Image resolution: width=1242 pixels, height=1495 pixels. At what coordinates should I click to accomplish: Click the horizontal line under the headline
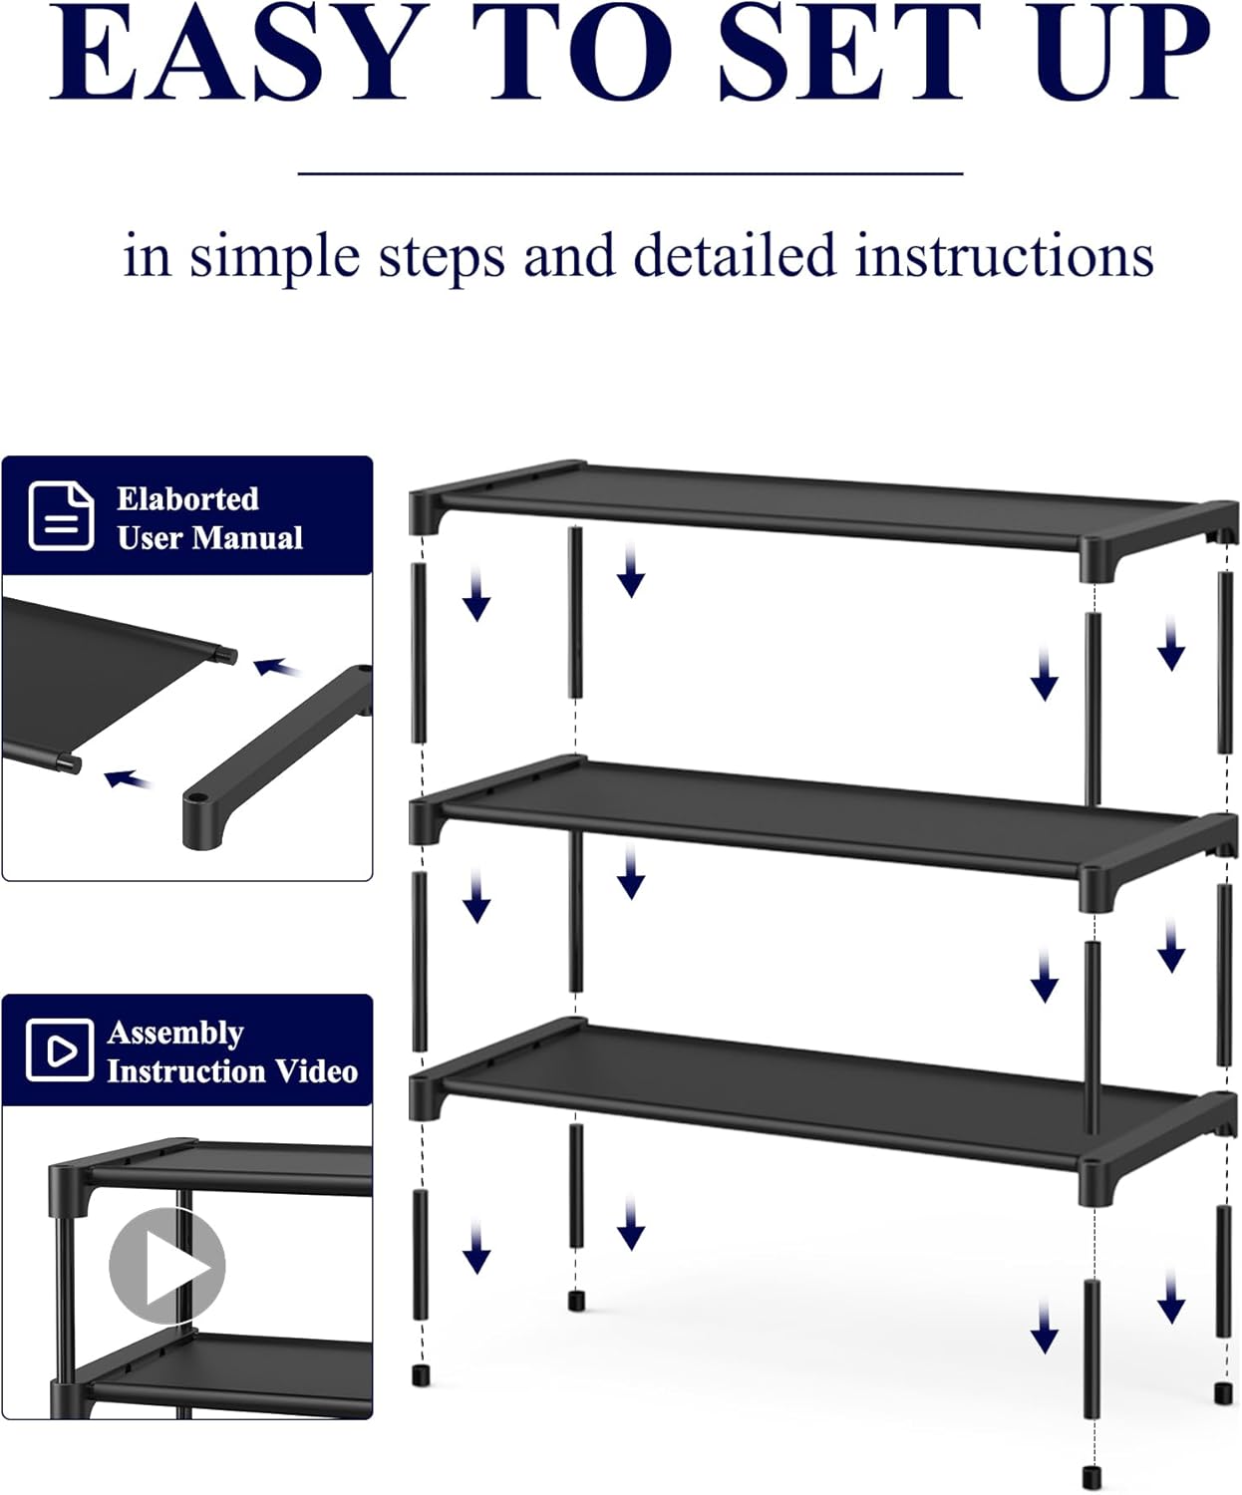coord(630,173)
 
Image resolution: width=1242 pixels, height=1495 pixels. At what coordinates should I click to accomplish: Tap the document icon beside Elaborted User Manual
coord(61,515)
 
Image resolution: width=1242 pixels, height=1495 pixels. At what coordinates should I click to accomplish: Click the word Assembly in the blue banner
coord(175,1033)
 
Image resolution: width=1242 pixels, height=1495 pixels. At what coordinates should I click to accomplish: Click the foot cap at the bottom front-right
coord(1093,1475)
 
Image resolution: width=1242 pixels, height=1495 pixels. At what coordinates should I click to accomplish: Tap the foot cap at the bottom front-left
coord(421,1376)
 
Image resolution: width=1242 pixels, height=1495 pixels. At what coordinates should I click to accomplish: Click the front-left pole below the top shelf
coord(419,653)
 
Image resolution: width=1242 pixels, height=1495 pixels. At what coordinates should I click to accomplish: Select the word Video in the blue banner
coord(316,1071)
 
